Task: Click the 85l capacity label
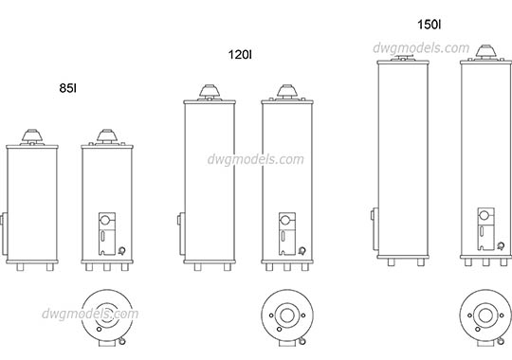pos(68,88)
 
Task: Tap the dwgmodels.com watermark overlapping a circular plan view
pos(91,315)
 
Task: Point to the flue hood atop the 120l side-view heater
pos(209,92)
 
